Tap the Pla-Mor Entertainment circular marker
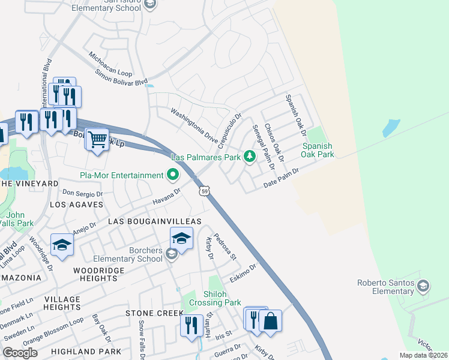173,175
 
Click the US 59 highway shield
205,191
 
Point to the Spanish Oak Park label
318,150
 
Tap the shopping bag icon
270,321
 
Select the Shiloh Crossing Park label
214,298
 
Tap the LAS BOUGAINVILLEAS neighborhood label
154,221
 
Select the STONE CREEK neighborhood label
154,313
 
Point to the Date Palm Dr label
281,178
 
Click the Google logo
20,353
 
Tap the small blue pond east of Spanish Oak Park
391,127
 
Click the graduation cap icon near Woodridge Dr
62,244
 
